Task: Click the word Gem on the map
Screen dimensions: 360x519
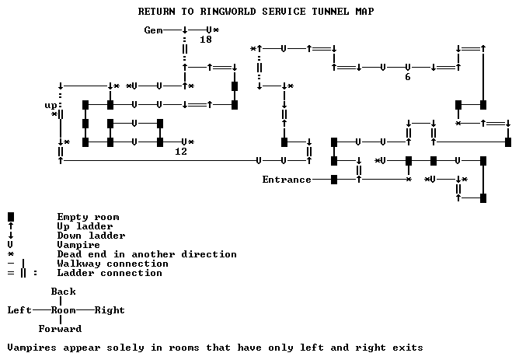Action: (153, 30)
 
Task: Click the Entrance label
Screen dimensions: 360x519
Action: (286, 180)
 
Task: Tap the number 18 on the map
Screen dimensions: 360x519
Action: (206, 40)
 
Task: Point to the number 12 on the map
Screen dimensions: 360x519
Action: (181, 152)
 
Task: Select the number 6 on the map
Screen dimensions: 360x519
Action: (407, 77)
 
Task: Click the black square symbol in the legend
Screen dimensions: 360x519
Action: (10, 217)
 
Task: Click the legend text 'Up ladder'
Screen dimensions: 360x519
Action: (82, 226)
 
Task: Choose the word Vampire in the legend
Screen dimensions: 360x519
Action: (78, 245)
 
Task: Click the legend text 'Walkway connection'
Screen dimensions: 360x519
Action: (110, 264)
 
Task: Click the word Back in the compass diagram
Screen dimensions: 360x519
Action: (63, 292)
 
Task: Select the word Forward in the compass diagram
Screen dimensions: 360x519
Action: (60, 329)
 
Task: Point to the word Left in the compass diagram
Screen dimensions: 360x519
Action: (19, 310)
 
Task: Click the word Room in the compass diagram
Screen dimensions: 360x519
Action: (63, 310)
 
